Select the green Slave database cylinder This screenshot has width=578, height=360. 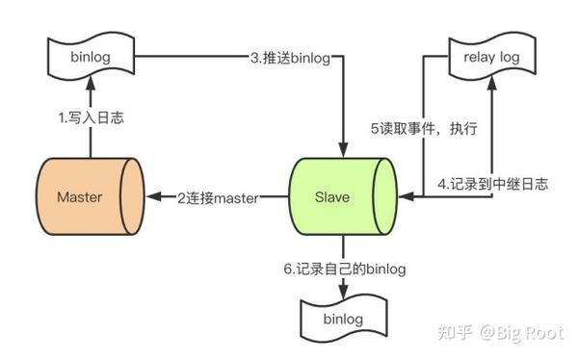tap(342, 196)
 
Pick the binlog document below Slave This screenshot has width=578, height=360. tap(343, 319)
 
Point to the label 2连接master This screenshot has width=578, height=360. tap(218, 198)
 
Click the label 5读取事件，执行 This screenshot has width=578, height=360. tap(425, 128)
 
